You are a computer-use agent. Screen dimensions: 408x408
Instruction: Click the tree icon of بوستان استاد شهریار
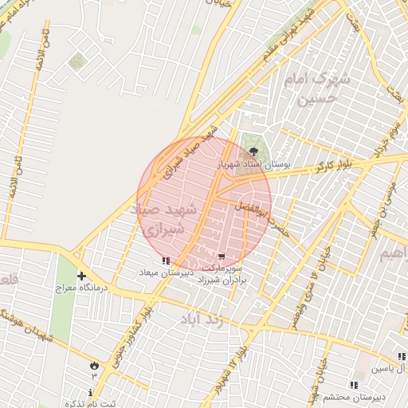coord(254,150)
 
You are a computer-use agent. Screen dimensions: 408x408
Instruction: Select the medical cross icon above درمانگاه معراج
coord(82,275)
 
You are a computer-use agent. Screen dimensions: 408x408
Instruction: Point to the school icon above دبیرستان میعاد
coord(165,261)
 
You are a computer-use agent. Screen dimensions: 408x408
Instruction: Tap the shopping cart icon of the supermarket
coord(221,257)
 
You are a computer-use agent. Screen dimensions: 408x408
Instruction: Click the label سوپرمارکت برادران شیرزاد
coord(223,275)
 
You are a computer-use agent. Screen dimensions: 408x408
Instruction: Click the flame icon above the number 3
coord(94,363)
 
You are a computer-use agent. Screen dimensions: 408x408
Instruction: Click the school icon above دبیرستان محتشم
coord(352,384)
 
